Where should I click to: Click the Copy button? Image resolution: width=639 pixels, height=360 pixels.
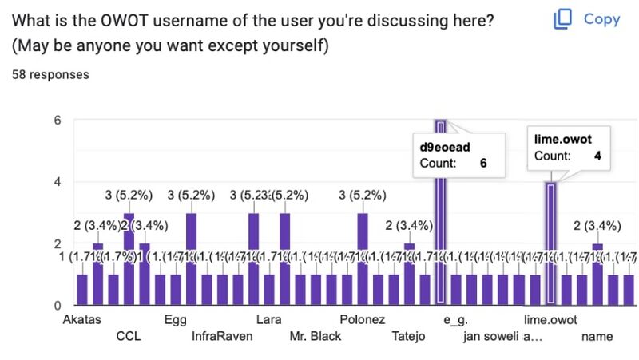click(x=587, y=19)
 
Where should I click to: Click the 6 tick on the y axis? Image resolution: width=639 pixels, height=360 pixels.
click(x=57, y=121)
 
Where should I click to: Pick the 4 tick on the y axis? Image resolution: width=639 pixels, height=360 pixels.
click(x=57, y=182)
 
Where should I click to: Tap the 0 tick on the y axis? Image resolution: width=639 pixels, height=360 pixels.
click(x=57, y=306)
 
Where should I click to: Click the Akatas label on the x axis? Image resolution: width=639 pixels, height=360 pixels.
click(x=82, y=320)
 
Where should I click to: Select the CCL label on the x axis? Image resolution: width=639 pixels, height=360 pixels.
click(x=129, y=337)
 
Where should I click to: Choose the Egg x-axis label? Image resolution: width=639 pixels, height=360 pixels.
click(x=175, y=320)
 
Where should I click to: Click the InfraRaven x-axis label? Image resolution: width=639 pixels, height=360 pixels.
click(x=222, y=337)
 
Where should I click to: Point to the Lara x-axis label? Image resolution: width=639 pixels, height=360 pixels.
click(x=268, y=320)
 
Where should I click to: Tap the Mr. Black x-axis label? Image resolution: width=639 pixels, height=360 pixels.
click(x=316, y=337)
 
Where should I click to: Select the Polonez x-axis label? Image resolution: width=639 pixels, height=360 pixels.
click(x=362, y=320)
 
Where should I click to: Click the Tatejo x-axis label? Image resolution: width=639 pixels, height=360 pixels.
click(x=409, y=337)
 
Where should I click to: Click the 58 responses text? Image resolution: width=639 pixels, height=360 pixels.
click(x=50, y=74)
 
